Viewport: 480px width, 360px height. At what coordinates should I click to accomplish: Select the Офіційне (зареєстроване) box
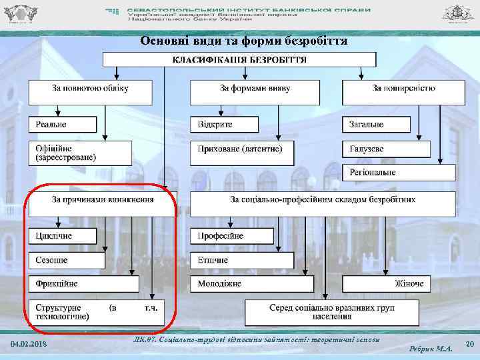pyautogui.click(x=80, y=153)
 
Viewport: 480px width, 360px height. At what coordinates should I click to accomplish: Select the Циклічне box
pyautogui.click(x=62, y=236)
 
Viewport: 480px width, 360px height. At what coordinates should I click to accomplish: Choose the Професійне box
pyautogui.click(x=233, y=236)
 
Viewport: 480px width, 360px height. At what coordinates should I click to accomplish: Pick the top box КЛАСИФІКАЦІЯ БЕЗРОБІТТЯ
pyautogui.click(x=239, y=59)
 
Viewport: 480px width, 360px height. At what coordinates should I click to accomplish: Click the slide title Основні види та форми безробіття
pyautogui.click(x=243, y=41)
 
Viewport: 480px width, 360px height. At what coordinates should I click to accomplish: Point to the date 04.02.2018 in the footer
pyautogui.click(x=29, y=343)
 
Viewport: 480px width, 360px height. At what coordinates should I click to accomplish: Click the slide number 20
pyautogui.click(x=469, y=344)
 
